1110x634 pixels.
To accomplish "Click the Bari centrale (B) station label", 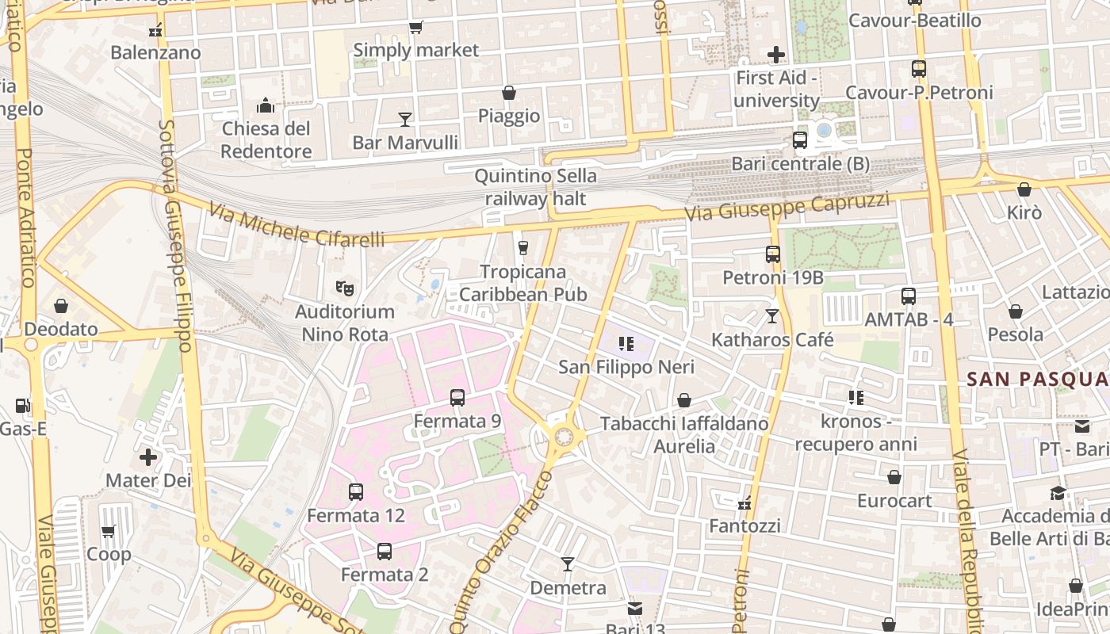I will (800, 164).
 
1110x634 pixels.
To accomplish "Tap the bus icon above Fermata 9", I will (457, 398).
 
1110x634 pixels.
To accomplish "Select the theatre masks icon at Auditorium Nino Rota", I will (344, 288).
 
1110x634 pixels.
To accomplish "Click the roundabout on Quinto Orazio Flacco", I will (565, 436).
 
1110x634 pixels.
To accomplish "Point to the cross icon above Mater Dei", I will (148, 457).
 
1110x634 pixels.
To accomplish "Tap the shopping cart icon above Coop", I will (109, 531).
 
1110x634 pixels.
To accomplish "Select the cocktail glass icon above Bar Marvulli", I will (405, 120).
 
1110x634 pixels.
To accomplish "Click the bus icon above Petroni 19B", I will (773, 254).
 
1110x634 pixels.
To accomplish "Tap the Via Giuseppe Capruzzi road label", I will (789, 207).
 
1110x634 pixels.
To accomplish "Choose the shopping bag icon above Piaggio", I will (509, 94).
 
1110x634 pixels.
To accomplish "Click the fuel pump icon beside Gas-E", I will (23, 406).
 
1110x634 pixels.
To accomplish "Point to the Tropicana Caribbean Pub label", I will (523, 283).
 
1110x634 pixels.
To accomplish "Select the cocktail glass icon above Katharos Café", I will (772, 316).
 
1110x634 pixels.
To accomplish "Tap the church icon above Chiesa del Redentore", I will (265, 105).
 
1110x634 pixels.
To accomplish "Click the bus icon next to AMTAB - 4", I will (909, 296).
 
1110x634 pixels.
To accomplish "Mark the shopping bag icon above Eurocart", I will (894, 477).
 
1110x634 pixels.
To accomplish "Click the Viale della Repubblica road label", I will (966, 539).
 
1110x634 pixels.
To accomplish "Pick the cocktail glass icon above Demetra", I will (568, 564).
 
